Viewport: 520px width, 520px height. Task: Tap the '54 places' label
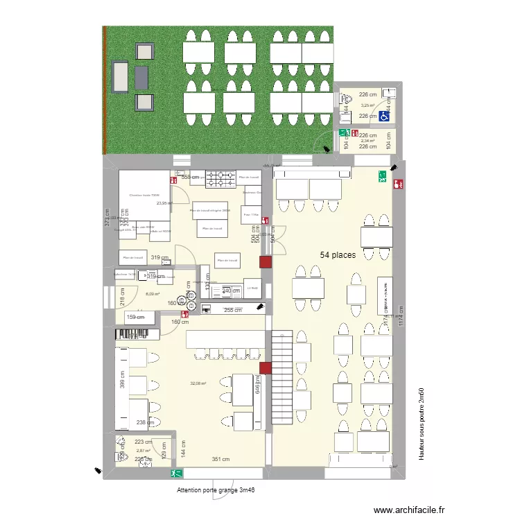pyautogui.click(x=338, y=255)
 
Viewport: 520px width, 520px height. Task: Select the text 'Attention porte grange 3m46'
pyautogui.click(x=216, y=490)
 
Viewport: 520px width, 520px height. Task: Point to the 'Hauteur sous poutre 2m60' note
pyautogui.click(x=421, y=424)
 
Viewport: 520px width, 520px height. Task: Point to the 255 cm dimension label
pyautogui.click(x=232, y=310)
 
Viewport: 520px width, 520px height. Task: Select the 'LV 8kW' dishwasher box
pyautogui.click(x=253, y=287)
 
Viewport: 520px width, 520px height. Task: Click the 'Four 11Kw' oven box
pyautogui.click(x=251, y=215)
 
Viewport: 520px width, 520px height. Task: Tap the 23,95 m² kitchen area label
pyautogui.click(x=164, y=203)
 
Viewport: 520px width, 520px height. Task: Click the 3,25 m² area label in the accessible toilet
pyautogui.click(x=367, y=105)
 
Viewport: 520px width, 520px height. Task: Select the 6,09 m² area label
pyautogui.click(x=153, y=294)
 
